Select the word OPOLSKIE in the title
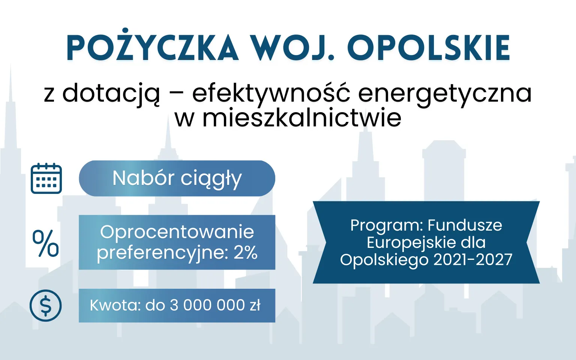429,48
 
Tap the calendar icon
46,178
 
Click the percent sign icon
45,243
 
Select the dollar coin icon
46,306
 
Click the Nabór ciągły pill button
177,178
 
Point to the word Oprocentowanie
177,232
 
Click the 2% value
246,252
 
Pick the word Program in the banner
386,225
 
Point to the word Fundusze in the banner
465,225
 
